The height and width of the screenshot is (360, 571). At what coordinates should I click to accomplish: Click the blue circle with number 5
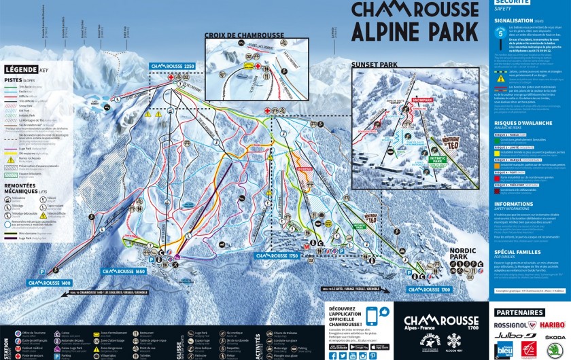tap(501, 31)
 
